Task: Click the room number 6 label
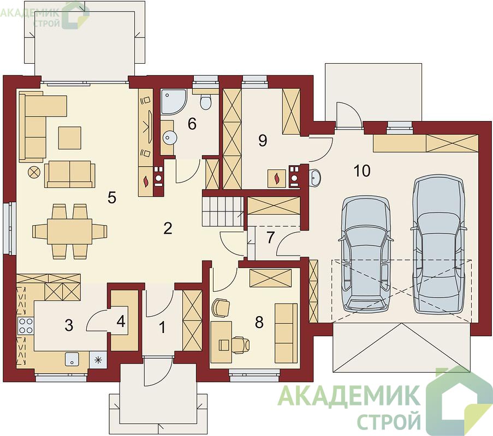192,124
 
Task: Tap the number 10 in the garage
362,171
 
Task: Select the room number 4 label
121,321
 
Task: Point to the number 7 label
270,237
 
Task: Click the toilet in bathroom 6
206,102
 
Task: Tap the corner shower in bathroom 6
174,102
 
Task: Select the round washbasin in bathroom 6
170,137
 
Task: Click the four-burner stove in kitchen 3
26,326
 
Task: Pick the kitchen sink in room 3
72,359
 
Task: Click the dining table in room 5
70,232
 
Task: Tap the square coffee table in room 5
69,137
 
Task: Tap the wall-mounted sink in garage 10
314,177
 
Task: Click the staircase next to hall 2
223,211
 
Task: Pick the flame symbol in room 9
277,179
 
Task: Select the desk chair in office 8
241,344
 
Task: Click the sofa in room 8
286,332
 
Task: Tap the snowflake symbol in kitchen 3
98,360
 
